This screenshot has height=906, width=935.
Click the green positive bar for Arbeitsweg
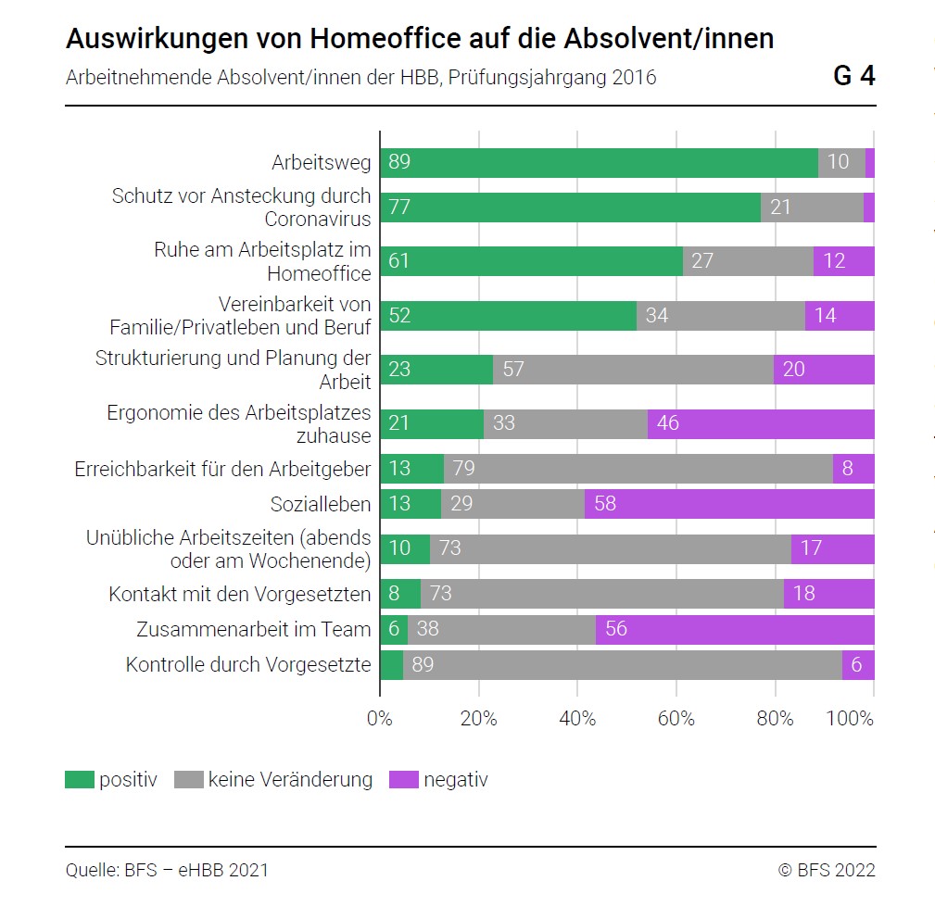[599, 163]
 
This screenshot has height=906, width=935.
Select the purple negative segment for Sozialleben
[729, 504]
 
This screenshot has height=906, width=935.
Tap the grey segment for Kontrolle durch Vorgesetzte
[622, 665]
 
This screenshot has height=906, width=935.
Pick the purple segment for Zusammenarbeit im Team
[735, 630]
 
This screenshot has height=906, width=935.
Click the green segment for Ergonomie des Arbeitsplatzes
[432, 424]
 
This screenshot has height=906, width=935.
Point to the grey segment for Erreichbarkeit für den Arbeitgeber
[638, 469]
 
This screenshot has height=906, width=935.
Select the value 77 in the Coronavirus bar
[399, 208]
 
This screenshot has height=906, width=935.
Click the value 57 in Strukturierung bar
[513, 370]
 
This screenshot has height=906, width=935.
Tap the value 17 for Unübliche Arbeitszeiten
[811, 548]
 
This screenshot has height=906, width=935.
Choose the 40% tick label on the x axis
[577, 719]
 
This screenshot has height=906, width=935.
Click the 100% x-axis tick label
[849, 719]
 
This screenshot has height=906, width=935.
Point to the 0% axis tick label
[380, 719]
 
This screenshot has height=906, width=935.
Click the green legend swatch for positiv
[80, 780]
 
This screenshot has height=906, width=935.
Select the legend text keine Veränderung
[290, 780]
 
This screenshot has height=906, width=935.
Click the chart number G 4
[853, 76]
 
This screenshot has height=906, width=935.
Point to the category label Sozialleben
[321, 505]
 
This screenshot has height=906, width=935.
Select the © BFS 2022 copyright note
[827, 870]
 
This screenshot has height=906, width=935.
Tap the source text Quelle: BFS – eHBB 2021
[167, 870]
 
